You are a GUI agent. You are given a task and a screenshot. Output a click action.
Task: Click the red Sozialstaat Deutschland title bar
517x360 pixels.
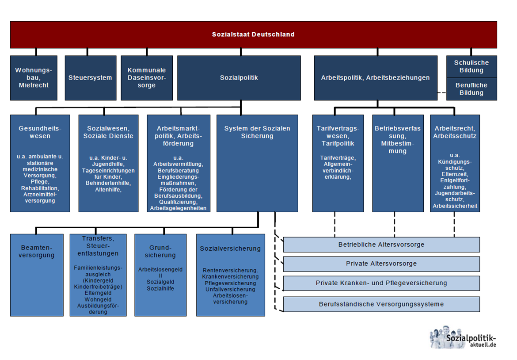click(x=253, y=34)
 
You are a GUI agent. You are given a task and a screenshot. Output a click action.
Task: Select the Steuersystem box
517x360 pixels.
click(x=90, y=78)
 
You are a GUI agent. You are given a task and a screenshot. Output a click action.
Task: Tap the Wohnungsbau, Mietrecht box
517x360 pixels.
click(x=34, y=78)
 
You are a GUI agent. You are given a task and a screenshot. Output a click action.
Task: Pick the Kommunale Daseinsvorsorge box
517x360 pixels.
click(x=147, y=78)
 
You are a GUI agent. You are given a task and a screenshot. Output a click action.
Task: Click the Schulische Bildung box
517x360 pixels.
click(x=471, y=66)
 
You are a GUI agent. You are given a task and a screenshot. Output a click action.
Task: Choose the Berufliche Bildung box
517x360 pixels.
click(x=471, y=89)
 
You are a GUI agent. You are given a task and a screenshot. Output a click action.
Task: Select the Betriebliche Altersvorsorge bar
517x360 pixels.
click(x=381, y=245)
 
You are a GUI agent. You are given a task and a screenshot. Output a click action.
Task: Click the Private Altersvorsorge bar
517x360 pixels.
click(x=381, y=264)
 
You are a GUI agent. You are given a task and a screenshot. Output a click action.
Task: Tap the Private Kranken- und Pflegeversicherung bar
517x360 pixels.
click(x=381, y=283)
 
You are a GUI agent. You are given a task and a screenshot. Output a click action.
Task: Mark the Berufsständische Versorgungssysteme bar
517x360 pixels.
click(x=381, y=304)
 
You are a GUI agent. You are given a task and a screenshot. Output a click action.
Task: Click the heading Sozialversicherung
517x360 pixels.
click(x=230, y=249)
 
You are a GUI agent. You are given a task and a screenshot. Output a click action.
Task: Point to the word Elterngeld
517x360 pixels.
click(x=98, y=293)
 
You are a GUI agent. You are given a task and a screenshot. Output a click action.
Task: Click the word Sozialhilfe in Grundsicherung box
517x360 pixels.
click(x=160, y=288)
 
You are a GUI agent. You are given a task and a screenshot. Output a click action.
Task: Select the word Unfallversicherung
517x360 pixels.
click(x=230, y=289)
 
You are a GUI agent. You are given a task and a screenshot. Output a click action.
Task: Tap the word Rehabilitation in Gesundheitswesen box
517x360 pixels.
click(x=40, y=188)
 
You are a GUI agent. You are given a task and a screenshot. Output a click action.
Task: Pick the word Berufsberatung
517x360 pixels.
click(x=178, y=170)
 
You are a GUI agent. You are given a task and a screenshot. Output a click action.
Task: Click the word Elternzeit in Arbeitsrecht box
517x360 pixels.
click(x=454, y=174)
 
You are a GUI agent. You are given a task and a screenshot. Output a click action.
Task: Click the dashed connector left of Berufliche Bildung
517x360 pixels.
click(x=441, y=93)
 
